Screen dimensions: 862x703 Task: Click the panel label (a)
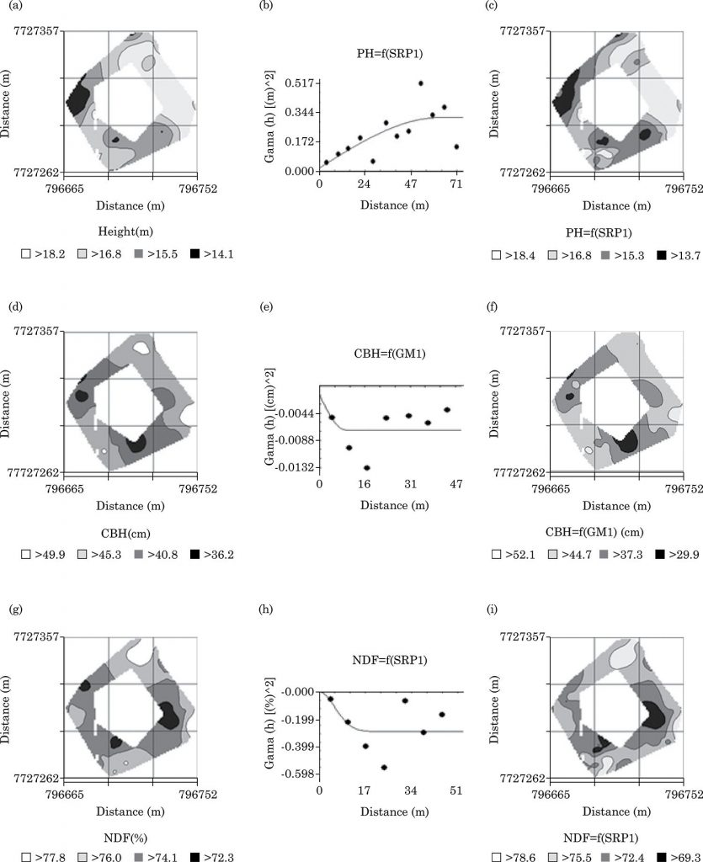15,8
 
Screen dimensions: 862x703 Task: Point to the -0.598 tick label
295,774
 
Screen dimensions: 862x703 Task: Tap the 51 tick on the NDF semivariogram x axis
456,790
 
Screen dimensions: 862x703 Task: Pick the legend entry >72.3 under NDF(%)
210,856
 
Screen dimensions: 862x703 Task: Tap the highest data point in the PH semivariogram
421,83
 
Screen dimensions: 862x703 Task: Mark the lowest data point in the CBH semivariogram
366,467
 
